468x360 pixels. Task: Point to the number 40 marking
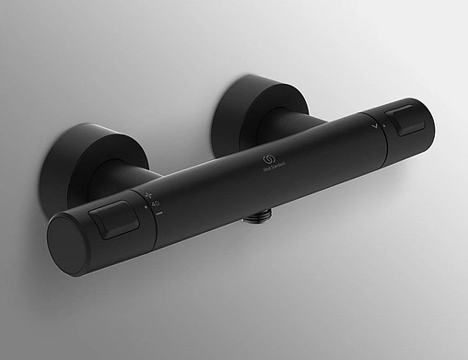155,203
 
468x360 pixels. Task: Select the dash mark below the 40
159,213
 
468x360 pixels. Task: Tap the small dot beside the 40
144,207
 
